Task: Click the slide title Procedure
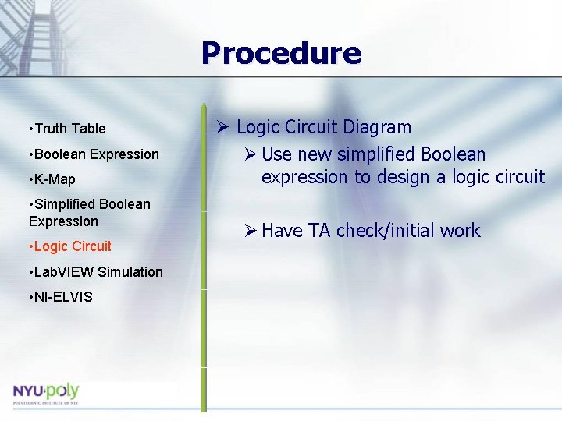pos(281,54)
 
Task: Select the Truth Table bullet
pos(66,129)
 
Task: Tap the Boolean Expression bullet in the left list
pos(93,154)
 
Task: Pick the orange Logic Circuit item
pos(69,246)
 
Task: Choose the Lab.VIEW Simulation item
pos(94,272)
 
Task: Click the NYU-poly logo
pos(46,392)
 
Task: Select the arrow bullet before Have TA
pos(249,231)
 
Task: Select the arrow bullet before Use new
pos(249,154)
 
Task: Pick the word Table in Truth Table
pos(89,129)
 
